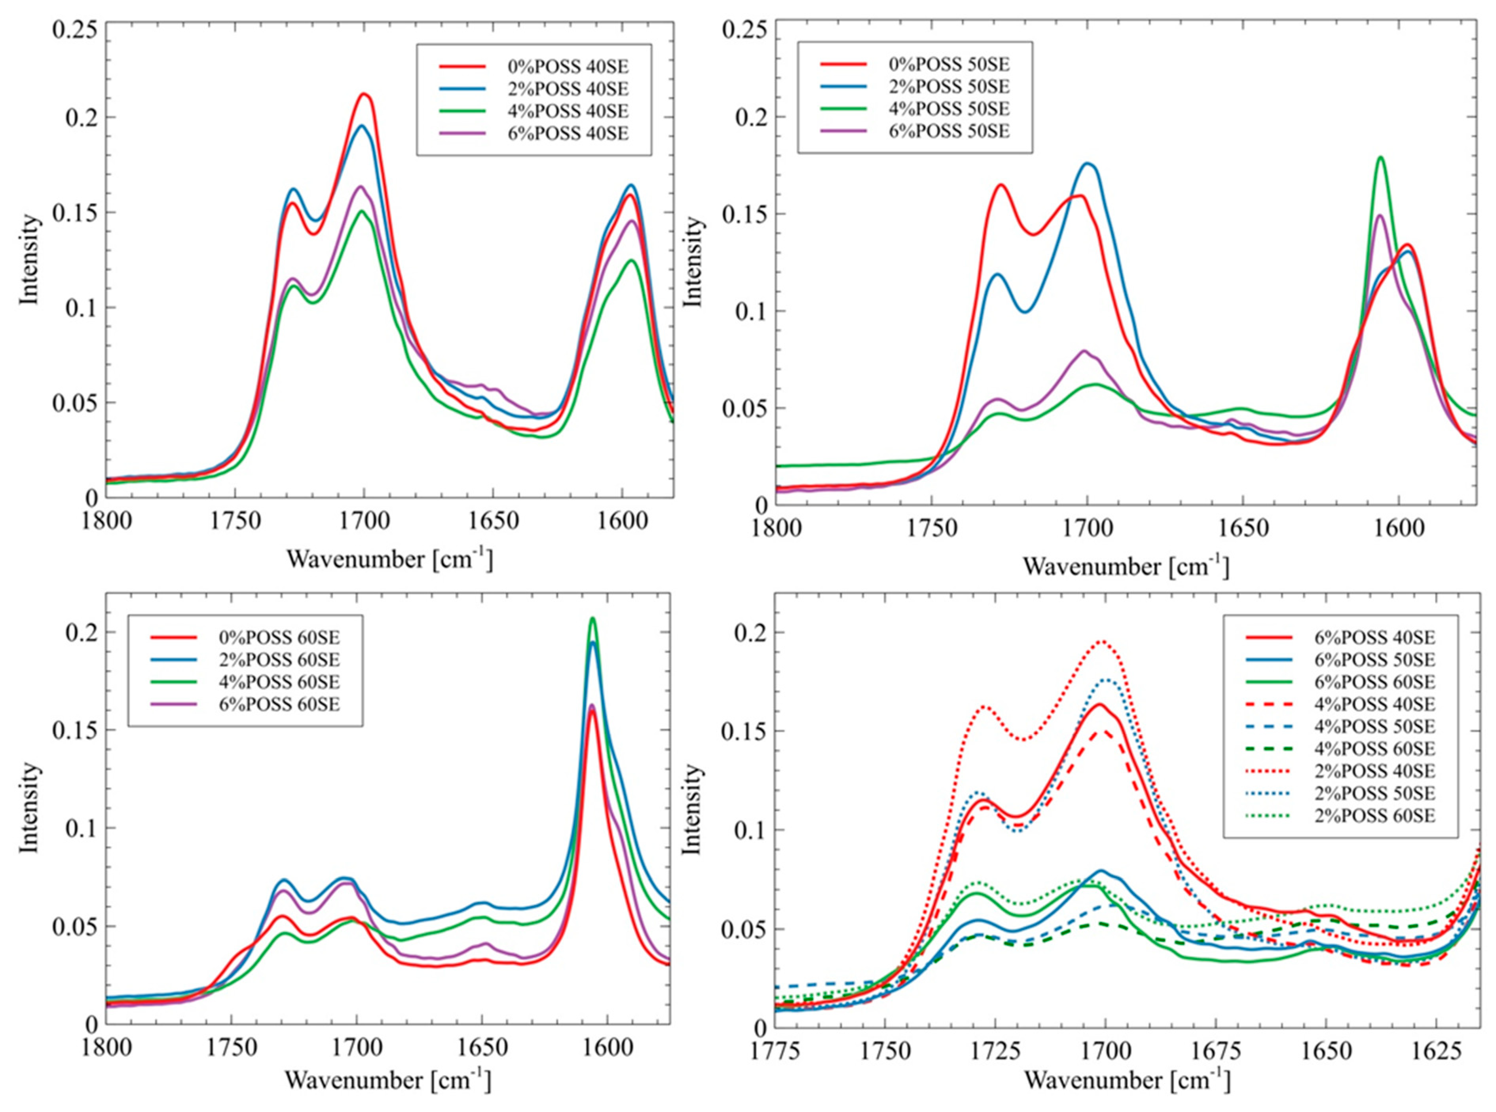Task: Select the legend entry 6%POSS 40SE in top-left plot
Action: tap(568, 133)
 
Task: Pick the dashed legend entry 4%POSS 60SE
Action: tap(1372, 748)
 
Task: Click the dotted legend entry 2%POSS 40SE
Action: tap(1372, 770)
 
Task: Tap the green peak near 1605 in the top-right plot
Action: tap(1380, 158)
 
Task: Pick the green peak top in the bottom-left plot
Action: tap(592, 618)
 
